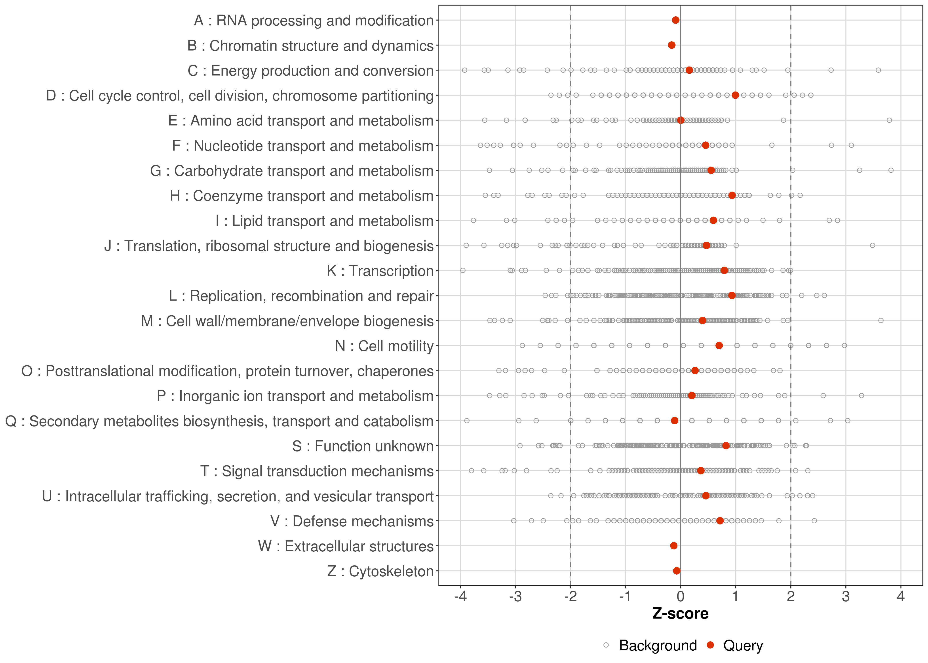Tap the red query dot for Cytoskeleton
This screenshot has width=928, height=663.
677,571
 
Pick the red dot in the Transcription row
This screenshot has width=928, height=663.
724,270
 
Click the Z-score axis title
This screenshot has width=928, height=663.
680,613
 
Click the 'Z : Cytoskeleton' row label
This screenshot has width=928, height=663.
380,571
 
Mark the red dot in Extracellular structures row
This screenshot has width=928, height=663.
674,546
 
